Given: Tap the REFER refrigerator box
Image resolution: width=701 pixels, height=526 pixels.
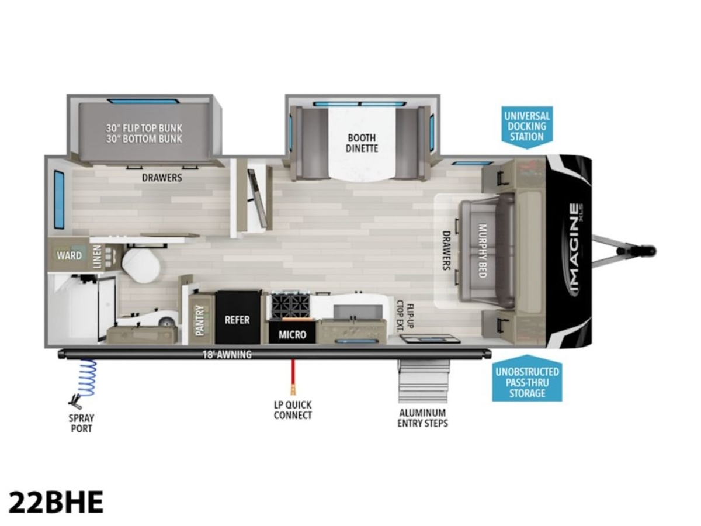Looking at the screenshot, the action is [x=237, y=317].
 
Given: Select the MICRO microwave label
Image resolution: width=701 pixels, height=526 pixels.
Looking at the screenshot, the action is [x=292, y=334].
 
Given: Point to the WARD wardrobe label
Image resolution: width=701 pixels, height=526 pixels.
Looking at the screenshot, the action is [x=69, y=255].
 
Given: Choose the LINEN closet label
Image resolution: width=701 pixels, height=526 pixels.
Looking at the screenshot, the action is [x=98, y=257].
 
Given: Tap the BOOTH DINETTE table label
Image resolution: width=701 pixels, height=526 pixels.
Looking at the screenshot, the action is [x=362, y=143].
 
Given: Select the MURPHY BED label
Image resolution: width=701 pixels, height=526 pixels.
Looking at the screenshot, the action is [x=482, y=250].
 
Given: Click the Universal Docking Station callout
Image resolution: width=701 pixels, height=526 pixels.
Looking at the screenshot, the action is [x=527, y=127].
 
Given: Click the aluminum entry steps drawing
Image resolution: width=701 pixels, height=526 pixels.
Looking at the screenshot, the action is [x=424, y=381].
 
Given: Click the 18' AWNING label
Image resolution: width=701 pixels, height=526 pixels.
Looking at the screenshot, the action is [x=227, y=354].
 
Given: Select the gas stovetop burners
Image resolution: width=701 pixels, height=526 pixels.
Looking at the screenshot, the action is [x=290, y=306].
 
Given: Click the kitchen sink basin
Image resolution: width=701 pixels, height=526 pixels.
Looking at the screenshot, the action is [x=358, y=312].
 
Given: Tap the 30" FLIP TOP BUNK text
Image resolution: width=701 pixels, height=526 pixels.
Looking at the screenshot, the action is [x=144, y=128].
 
